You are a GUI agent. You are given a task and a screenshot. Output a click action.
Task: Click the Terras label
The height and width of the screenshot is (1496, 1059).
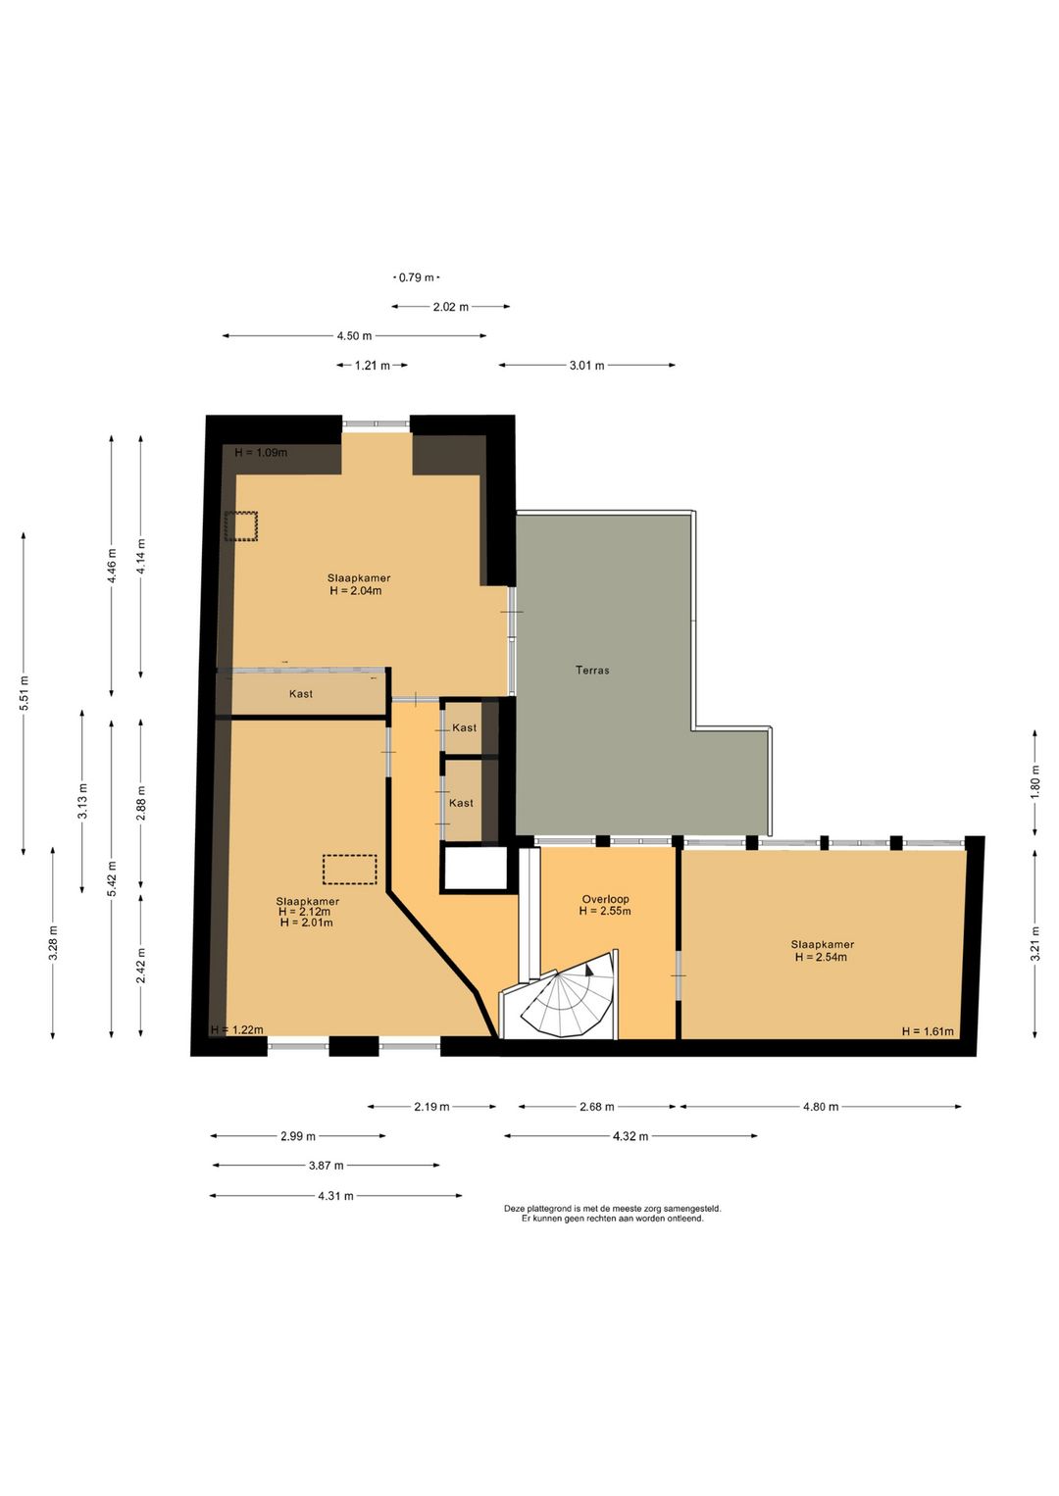tap(592, 670)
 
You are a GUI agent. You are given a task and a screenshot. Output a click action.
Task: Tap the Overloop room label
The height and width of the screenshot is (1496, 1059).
tap(605, 899)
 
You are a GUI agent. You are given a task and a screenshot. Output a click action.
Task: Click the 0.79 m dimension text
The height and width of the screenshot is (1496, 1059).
tap(417, 277)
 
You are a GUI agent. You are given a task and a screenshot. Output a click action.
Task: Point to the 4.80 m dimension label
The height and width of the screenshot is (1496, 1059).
tap(821, 1107)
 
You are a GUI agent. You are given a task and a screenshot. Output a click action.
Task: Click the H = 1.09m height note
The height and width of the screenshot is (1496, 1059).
tap(261, 452)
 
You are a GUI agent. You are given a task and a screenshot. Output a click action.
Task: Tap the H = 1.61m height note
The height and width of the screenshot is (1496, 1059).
tap(928, 1031)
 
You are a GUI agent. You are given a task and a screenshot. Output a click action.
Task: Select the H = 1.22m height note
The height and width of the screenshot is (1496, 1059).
tap(236, 1029)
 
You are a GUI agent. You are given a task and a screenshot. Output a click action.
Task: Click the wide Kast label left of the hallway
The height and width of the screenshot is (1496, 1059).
tap(301, 694)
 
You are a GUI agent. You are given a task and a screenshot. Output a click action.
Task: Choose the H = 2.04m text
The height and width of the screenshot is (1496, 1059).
tap(355, 590)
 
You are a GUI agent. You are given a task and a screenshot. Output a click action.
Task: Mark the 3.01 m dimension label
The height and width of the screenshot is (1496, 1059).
tap(586, 366)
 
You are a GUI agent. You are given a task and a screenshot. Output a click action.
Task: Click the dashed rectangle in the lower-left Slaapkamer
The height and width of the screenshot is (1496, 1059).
tap(349, 870)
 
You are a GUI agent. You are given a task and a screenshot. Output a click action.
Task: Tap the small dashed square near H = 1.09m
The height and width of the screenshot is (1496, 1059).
tap(240, 526)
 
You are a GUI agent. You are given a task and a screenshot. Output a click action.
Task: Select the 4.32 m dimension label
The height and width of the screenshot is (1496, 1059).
tap(630, 1136)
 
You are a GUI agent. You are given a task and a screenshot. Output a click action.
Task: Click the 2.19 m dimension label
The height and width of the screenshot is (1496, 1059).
tap(431, 1107)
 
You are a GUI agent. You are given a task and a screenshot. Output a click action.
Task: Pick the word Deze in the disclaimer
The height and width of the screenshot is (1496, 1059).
tap(515, 1208)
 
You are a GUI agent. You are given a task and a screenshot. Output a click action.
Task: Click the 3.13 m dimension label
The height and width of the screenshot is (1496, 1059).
tap(82, 802)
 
